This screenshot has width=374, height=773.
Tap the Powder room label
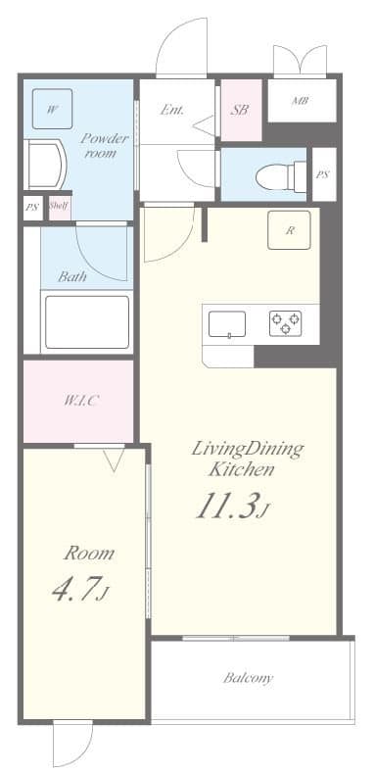pos(105,146)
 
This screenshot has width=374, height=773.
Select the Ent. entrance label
pos(173,110)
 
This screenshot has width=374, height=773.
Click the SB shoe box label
pos(240,111)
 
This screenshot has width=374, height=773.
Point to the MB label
pos(302,101)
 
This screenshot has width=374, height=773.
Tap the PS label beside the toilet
pos(322,174)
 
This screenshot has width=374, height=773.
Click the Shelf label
pos(59,206)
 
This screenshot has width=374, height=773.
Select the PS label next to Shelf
pos(31,207)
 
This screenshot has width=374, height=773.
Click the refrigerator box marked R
pos(289,230)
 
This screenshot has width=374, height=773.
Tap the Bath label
pos(72,276)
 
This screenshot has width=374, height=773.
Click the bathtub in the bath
pos(87,321)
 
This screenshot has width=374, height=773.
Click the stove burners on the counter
pos(286,322)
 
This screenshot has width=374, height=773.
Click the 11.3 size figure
pos(233,506)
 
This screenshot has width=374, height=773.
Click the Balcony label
pos(248,677)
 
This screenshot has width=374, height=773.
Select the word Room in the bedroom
pos(88,553)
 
